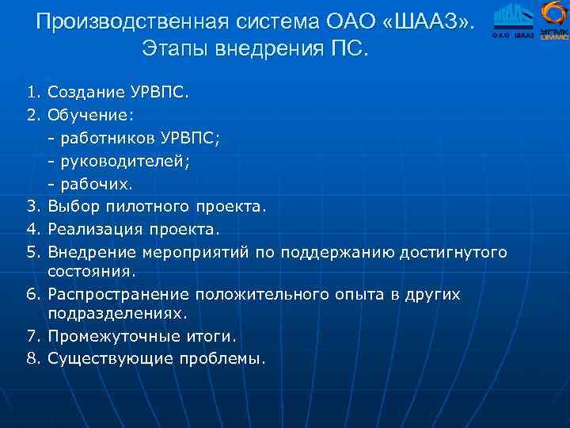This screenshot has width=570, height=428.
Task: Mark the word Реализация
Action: [x=93, y=228]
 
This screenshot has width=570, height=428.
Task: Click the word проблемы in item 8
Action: [x=226, y=358]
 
